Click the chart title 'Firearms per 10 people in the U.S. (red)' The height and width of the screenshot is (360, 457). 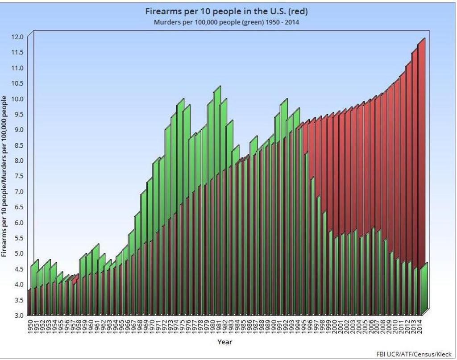tap(227, 11)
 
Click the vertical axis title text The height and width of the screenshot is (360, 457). tap(4, 176)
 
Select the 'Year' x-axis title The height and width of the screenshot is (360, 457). tap(224, 342)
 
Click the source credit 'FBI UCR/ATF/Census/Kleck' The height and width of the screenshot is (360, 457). tap(414, 354)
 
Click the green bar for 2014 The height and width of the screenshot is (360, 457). tap(424, 290)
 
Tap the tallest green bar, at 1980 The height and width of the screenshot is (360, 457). tap(217, 134)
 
